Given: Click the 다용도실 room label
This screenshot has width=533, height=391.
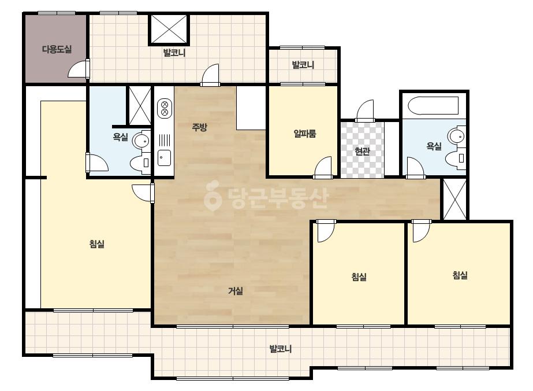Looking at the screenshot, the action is tap(57, 49).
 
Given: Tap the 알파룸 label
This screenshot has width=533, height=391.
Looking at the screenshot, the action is tap(305, 134).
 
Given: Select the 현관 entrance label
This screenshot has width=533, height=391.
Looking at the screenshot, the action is tap(362, 151).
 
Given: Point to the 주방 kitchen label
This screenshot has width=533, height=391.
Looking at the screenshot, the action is tap(199, 127).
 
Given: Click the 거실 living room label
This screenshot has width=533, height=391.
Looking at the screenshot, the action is tap(235, 291).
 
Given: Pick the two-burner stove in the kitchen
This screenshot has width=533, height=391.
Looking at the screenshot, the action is tap(165, 108).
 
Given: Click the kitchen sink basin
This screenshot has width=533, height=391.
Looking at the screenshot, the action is tap(165, 158).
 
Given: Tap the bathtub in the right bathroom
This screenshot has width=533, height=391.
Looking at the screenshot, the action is tap(433, 106).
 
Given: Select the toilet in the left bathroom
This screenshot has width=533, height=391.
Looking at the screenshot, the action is tap(141, 163).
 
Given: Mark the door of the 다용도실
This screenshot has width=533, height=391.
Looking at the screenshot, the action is tap(79, 69).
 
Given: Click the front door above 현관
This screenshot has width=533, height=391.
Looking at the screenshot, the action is tap(365, 110).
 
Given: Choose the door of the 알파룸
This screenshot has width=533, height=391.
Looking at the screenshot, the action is tap(323, 168).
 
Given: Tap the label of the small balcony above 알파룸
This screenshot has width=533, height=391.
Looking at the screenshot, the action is tap(303, 65).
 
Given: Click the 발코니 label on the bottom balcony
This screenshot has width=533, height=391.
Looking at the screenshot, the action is tap(281, 349).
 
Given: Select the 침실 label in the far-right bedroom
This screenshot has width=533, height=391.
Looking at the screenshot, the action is tap(460, 275).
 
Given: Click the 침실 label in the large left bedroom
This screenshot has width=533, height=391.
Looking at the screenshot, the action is tap(97, 244).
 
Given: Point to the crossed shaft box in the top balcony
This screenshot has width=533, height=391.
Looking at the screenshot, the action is tap(169, 29).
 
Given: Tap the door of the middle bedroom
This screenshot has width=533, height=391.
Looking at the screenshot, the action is tap(326, 231).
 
